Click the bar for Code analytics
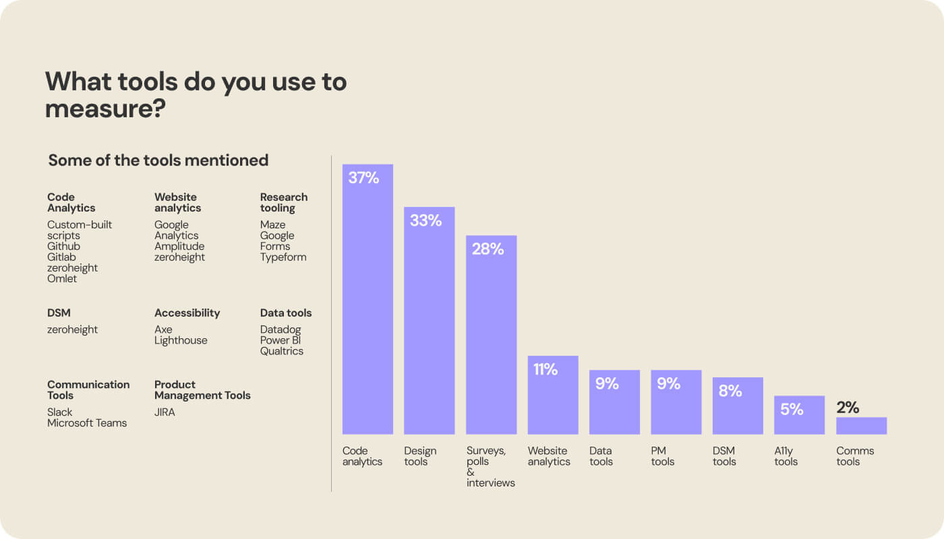point(367,303)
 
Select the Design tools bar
point(429,323)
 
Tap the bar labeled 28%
point(491,337)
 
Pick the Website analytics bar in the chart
point(553,398)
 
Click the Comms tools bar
point(861,426)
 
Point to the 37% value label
point(363,179)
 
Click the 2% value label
point(848,407)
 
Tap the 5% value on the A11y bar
point(792,409)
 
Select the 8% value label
point(730,391)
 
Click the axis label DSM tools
point(724,456)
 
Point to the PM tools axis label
point(663,456)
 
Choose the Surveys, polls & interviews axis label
point(490,466)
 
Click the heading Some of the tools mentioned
point(158,160)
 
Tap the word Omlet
point(62,279)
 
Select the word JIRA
point(165,412)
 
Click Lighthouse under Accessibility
point(181,340)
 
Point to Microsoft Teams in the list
point(87,423)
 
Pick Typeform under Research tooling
point(283,257)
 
